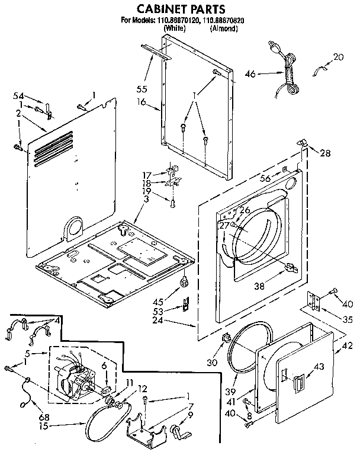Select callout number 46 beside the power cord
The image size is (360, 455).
tap(250, 74)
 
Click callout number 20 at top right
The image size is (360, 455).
tap(338, 57)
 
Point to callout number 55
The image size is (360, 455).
tap(142, 89)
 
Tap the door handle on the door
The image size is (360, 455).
tap(301, 379)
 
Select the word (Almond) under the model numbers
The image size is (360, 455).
tap(223, 28)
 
